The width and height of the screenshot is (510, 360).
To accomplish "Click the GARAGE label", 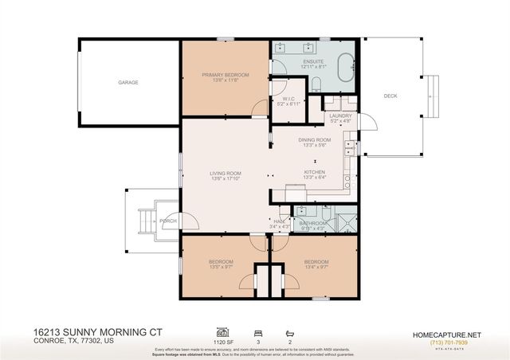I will [x=128, y=82].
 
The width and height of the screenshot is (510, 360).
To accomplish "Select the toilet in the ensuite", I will [x=316, y=84].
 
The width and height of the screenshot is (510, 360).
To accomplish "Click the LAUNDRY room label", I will [x=340, y=115].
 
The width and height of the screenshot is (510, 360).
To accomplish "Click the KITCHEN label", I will [x=315, y=172].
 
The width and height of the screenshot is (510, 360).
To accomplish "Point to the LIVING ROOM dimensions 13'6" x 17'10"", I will [x=226, y=178].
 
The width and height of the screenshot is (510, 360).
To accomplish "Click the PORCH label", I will [x=168, y=221].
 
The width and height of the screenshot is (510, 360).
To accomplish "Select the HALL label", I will [x=280, y=221].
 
